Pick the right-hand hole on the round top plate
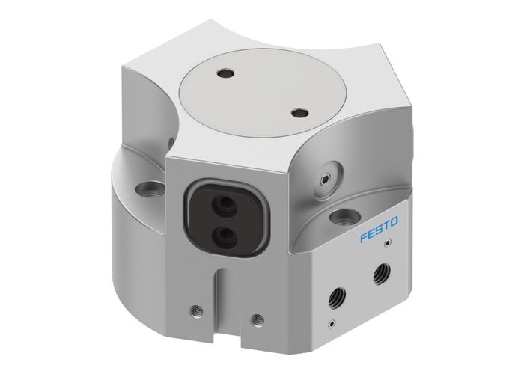[x=299, y=113]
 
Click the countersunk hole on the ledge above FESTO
[x=344, y=218]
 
